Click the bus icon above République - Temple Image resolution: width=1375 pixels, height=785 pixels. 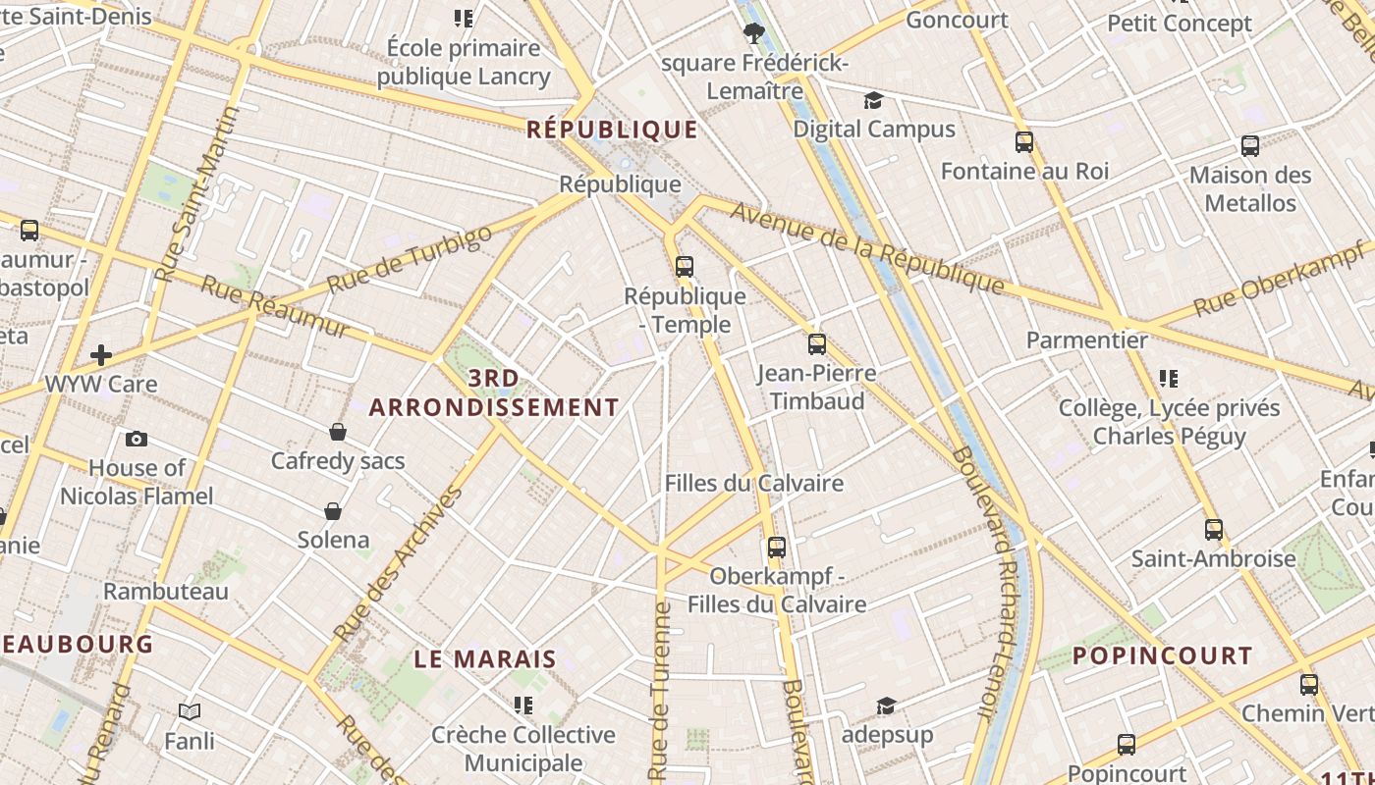685,266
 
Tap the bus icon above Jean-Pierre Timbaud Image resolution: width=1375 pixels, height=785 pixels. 817,344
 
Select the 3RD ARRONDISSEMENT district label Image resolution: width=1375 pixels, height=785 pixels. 494,392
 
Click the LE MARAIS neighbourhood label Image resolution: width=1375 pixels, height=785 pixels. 485,658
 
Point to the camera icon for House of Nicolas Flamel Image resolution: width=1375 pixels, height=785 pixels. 137,439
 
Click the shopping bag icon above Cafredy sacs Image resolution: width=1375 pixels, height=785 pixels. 338,432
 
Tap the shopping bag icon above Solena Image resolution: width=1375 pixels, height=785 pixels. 333,511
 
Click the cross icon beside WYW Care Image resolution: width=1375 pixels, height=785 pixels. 101,355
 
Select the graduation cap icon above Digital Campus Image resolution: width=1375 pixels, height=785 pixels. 873,100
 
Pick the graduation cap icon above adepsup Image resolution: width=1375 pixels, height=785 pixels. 886,706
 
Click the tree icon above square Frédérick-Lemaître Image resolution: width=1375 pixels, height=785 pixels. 753,34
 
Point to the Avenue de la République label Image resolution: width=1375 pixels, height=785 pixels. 867,248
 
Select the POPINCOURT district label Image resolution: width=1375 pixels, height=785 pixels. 1162,655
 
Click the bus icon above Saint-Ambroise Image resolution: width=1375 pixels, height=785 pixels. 1214,530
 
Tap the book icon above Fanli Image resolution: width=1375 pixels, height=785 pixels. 190,711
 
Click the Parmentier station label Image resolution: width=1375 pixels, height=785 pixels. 1086,340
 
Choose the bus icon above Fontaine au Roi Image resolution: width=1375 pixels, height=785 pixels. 1024,142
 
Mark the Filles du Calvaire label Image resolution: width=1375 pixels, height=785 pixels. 753,483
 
